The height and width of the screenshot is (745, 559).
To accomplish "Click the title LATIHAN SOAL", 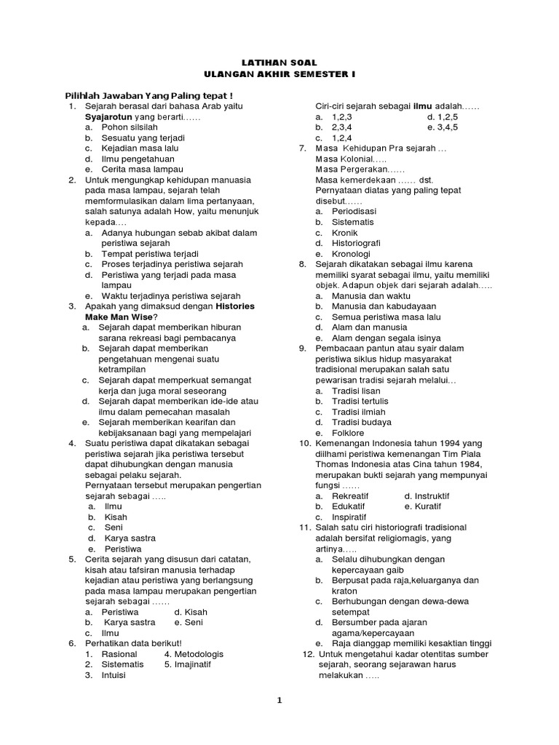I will (279, 63).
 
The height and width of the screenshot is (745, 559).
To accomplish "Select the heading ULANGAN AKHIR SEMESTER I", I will (279, 75).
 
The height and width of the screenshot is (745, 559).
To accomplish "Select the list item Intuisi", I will (114, 674).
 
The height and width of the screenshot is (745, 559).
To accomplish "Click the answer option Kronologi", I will (352, 253).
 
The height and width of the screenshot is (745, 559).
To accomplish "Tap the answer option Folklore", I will (349, 433).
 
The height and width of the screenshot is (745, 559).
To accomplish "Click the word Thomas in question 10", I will (331, 464).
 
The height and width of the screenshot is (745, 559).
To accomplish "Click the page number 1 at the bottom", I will (279, 701).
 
